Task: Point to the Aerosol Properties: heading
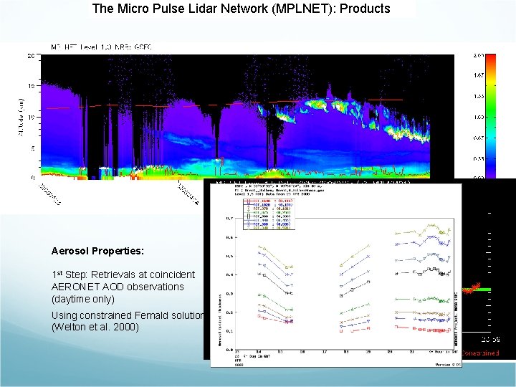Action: [x=97, y=252]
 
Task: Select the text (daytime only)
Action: [x=83, y=299]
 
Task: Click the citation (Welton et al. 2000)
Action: [x=93, y=328]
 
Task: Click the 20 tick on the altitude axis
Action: [x=32, y=56]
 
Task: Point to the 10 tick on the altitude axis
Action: [x=32, y=116]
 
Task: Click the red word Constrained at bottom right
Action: [x=480, y=353]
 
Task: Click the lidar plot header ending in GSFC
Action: [x=100, y=47]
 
